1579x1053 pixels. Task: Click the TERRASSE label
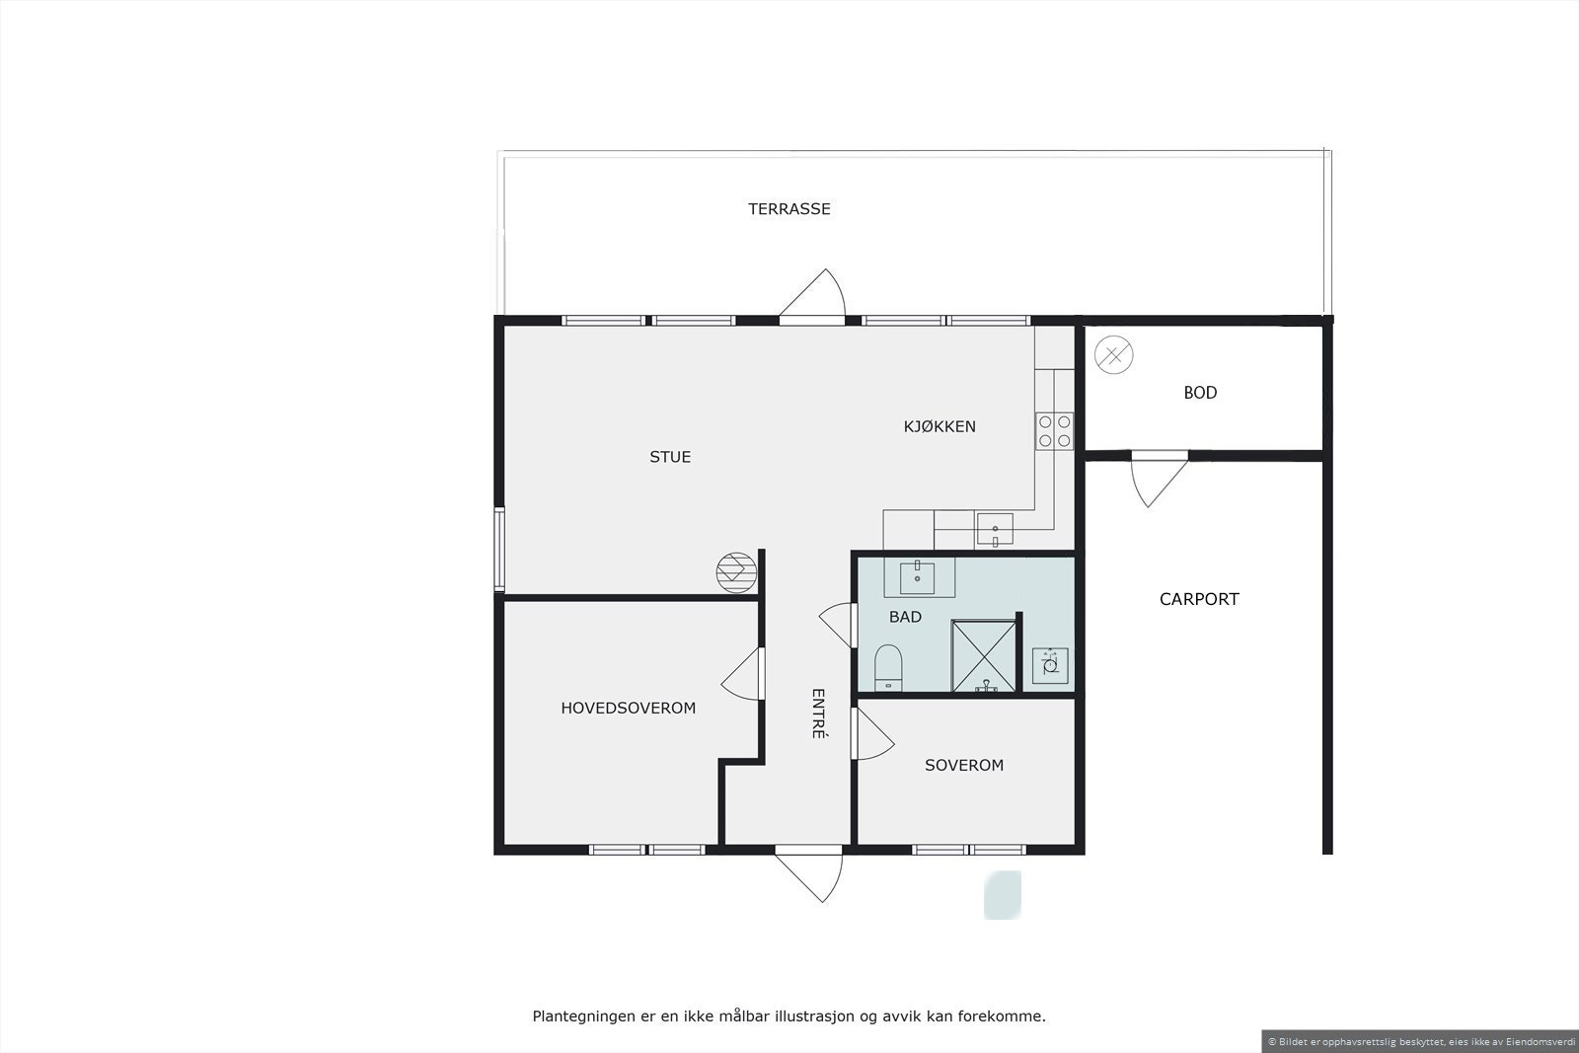(x=789, y=209)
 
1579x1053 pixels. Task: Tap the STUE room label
(x=670, y=457)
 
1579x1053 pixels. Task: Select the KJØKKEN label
(x=940, y=426)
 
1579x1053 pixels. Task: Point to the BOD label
(x=1200, y=393)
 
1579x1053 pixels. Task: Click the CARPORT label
(x=1199, y=599)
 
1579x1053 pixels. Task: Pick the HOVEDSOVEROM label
(x=629, y=709)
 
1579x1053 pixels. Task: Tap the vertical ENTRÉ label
(x=818, y=714)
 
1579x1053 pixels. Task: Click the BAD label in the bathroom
(x=905, y=617)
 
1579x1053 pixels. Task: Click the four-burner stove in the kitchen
(x=1054, y=430)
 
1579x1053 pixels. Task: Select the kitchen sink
(x=995, y=530)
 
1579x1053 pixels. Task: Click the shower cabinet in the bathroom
(x=983, y=655)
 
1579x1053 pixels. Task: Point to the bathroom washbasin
(x=919, y=577)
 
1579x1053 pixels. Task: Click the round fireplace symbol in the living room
(x=736, y=572)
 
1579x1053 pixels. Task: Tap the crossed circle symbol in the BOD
(x=1113, y=354)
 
